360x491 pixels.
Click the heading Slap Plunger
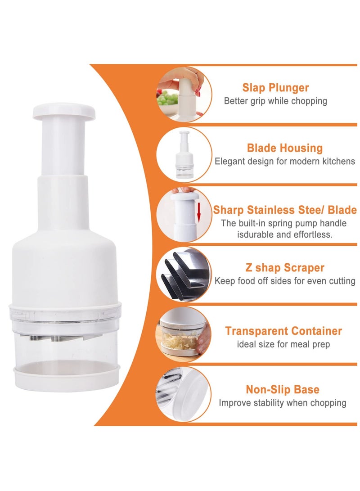tap(275, 87)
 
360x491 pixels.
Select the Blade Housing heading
tap(284, 148)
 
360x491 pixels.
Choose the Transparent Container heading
tap(283, 331)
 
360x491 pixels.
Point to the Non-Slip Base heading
tap(283, 390)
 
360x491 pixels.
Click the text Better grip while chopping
tap(275, 101)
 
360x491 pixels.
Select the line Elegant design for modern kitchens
tap(284, 161)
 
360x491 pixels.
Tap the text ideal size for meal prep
tap(283, 344)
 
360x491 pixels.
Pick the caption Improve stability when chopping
tap(283, 403)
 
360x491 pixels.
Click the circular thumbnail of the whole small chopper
tap(184, 154)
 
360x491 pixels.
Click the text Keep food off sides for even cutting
tap(285, 281)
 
